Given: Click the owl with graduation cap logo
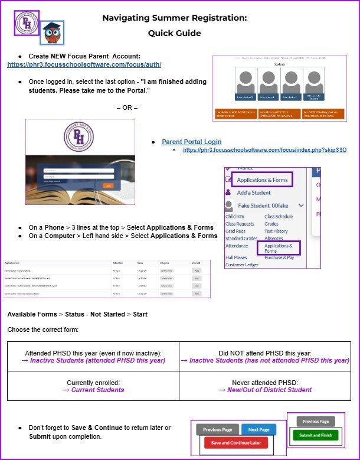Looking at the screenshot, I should click(52, 33).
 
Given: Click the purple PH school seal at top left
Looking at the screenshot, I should click(26, 23).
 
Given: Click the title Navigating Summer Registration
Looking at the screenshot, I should click(175, 18).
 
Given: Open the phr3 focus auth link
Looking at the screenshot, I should click(84, 64).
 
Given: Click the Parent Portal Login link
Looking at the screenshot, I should click(192, 142).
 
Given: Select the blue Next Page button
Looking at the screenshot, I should click(259, 429).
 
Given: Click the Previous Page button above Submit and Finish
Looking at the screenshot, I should click(316, 422).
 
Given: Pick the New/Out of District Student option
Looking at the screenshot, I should click(265, 390).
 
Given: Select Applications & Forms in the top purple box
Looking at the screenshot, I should click(262, 180).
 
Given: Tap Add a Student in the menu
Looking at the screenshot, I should click(254, 193).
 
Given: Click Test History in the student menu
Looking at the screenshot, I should click(276, 231).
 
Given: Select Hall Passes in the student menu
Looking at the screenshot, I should click(236, 257).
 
